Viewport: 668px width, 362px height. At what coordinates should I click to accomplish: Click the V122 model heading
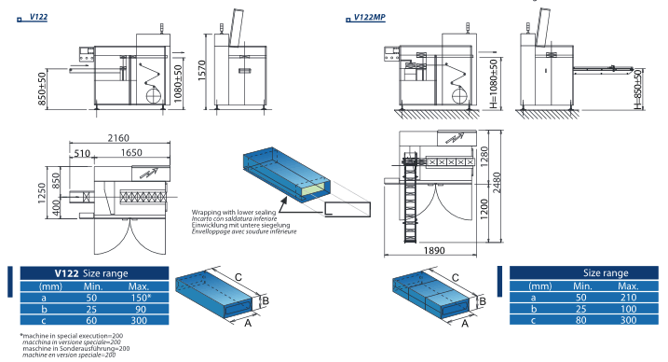click(38, 17)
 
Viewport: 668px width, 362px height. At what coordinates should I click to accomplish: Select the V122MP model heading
click(369, 18)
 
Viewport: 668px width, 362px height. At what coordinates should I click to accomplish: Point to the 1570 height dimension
click(201, 70)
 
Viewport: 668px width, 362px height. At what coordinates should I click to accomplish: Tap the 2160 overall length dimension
click(118, 138)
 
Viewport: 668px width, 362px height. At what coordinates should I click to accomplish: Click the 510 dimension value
click(82, 153)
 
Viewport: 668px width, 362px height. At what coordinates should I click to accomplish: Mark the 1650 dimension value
click(131, 153)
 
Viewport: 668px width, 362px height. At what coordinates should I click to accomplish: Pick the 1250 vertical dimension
click(41, 193)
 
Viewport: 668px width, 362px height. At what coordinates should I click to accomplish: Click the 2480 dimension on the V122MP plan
click(497, 183)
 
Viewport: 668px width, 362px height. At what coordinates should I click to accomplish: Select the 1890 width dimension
click(434, 250)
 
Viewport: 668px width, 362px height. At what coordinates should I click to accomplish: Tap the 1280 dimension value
click(484, 157)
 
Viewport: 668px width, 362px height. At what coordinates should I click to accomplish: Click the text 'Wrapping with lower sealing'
click(234, 212)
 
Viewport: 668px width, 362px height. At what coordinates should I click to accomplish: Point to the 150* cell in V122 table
click(141, 298)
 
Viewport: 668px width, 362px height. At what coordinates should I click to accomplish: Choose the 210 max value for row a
click(628, 298)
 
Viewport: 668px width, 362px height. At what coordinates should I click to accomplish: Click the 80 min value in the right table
click(580, 320)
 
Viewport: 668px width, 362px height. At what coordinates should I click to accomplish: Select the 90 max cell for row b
click(140, 309)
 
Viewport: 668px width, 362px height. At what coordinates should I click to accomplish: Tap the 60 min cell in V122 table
click(91, 321)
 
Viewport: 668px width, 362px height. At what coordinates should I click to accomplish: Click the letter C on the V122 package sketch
click(239, 277)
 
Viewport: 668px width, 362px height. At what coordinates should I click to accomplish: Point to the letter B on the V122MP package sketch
click(483, 301)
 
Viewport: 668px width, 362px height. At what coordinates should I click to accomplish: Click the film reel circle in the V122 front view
click(154, 94)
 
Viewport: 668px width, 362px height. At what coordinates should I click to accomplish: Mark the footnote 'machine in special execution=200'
click(72, 336)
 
